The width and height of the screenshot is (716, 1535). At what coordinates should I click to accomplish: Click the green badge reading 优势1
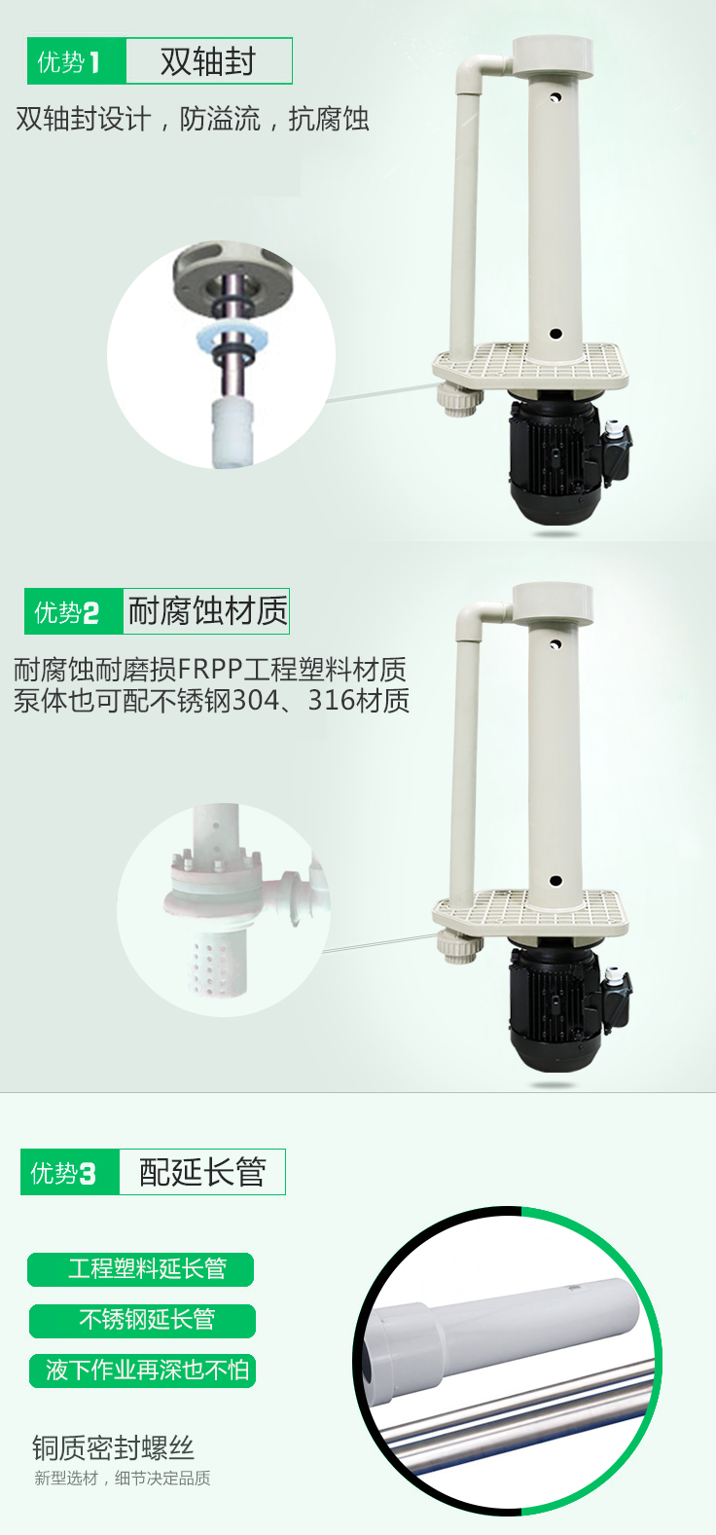(77, 61)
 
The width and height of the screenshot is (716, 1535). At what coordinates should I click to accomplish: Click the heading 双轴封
(208, 61)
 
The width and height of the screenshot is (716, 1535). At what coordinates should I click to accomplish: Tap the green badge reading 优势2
(74, 611)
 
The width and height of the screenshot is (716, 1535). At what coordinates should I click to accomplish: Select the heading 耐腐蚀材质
(207, 610)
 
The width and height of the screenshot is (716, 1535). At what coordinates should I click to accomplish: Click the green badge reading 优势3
(70, 1172)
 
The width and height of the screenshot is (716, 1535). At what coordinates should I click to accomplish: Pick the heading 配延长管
(202, 1172)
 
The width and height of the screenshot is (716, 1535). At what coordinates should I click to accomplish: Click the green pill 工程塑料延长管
(140, 1269)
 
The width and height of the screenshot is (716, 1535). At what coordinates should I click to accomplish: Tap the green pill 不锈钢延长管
(142, 1321)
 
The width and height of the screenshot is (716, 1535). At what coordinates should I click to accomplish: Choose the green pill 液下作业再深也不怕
(142, 1371)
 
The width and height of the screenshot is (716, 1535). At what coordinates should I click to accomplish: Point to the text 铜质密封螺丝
(113, 1448)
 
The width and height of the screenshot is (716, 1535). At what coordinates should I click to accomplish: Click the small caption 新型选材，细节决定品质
(122, 1479)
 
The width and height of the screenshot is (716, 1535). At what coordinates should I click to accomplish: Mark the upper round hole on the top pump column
(555, 96)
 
